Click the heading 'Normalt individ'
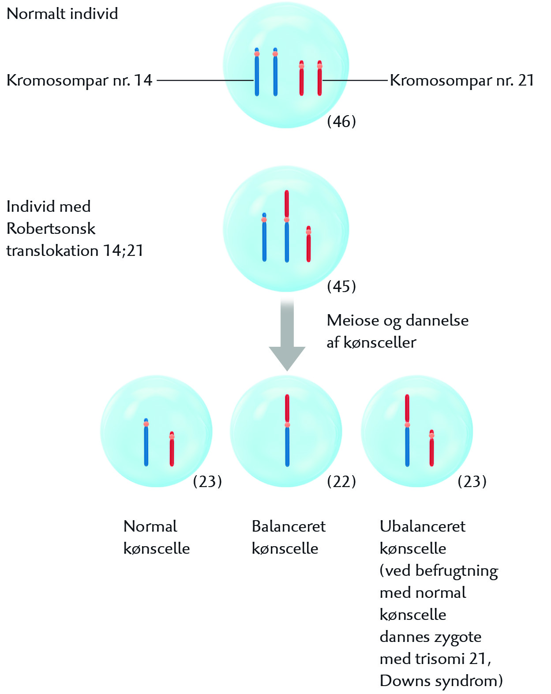pos(62,14)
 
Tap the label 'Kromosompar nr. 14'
pos(79,80)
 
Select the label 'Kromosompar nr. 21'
pos(462,80)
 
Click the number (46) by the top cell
pos(341,121)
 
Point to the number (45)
pos(341,286)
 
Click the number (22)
pos(341,481)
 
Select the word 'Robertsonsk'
pos(51,229)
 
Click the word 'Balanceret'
pos(289,526)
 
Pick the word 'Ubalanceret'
pos(422,526)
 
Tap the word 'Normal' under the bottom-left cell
pos(150,526)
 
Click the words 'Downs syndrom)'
pos(441,681)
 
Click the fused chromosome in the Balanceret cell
pos(287,430)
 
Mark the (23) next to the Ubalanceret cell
pos(472,481)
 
